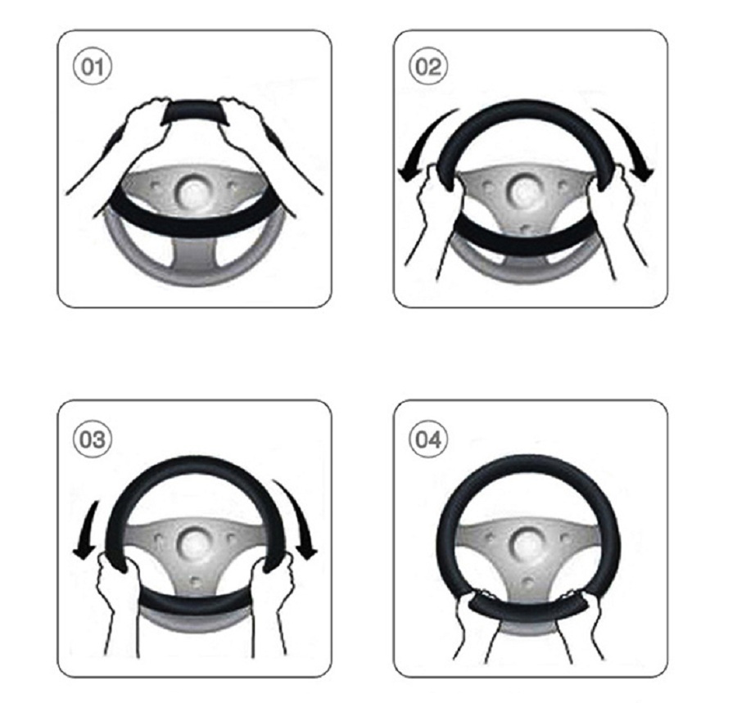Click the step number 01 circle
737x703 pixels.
tap(92, 66)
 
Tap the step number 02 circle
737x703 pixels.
tap(427, 66)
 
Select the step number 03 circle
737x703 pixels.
tap(92, 439)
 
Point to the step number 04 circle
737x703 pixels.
tap(427, 439)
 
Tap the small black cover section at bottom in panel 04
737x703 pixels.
tap(529, 607)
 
